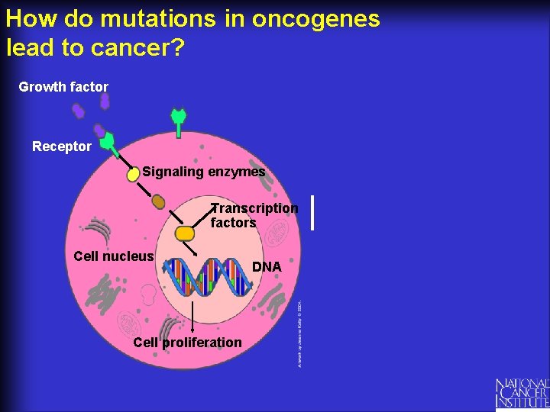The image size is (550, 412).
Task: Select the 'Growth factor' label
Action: pyautogui.click(x=63, y=87)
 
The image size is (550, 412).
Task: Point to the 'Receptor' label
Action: pyautogui.click(x=62, y=146)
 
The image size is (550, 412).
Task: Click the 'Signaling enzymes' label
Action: pyautogui.click(x=204, y=172)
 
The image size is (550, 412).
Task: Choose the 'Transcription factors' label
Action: pyautogui.click(x=254, y=215)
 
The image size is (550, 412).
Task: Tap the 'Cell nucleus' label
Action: pyautogui.click(x=114, y=256)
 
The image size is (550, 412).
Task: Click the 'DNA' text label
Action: pyautogui.click(x=267, y=267)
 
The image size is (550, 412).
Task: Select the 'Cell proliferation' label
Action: pyautogui.click(x=187, y=343)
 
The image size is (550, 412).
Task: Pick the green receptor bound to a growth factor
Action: pyautogui.click(x=108, y=142)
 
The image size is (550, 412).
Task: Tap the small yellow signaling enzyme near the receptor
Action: pyautogui.click(x=133, y=174)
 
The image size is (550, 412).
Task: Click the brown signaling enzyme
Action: pyautogui.click(x=158, y=201)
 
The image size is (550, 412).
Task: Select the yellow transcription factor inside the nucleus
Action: pyautogui.click(x=184, y=233)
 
